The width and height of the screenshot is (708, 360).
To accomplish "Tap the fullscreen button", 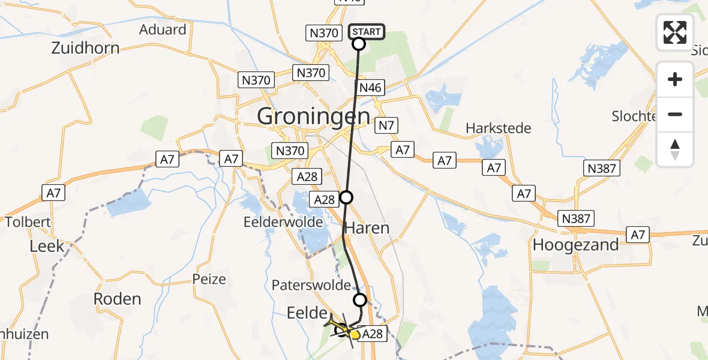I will pos(675,32).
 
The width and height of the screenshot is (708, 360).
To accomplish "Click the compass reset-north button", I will pos(675,150).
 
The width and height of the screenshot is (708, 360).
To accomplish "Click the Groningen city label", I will pos(313,116).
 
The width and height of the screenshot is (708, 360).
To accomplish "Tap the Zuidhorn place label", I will pos(85,48).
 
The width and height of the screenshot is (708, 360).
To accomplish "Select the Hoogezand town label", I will pos(575,245).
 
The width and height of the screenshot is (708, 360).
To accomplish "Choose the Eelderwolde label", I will pos(283,222).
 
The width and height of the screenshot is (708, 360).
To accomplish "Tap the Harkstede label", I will pos(499,128).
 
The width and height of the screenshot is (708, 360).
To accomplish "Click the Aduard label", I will pos(163,30).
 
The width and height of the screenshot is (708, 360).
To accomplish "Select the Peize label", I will pos(209,279).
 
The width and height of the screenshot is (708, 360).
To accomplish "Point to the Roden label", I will pos(118,299).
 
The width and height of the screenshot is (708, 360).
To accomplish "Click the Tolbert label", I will pos(28,222).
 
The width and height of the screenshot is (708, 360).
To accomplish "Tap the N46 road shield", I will pos(370,88).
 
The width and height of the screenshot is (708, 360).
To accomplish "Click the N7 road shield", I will pos(386,126).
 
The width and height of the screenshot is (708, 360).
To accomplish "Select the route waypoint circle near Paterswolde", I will pos(359,299).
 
